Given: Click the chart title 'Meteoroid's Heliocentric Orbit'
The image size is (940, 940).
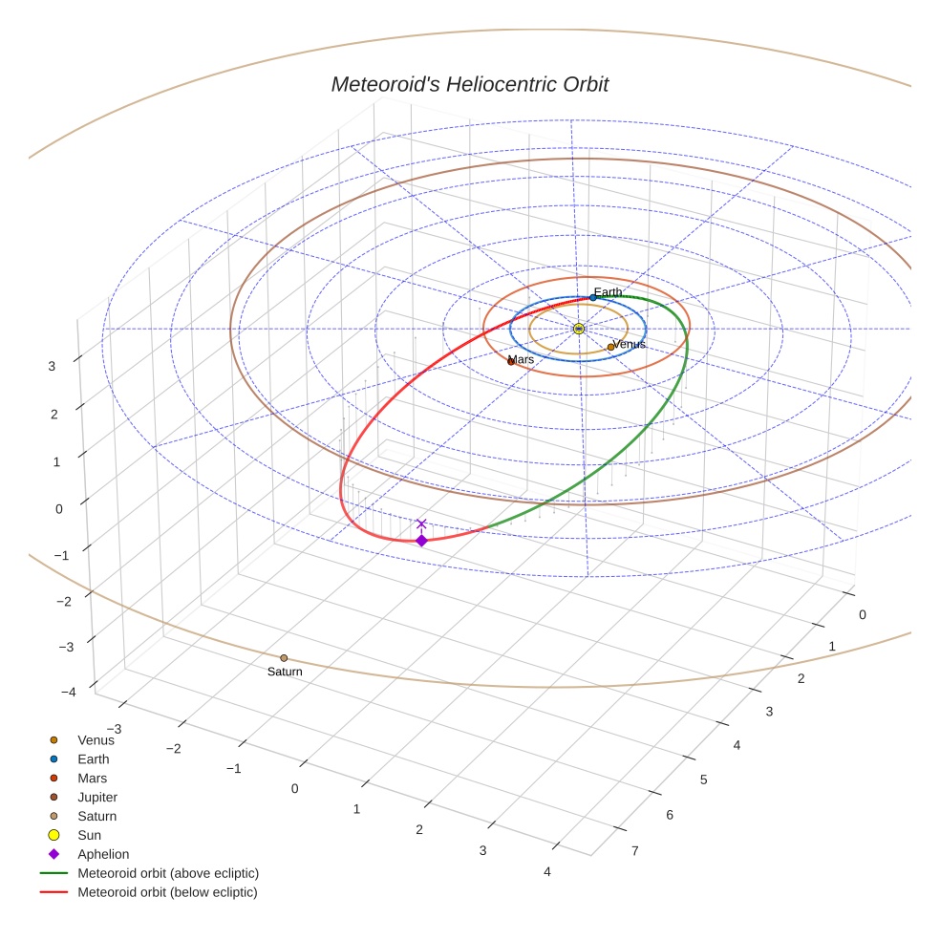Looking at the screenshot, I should point(469,84).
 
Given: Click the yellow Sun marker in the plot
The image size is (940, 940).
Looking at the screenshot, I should point(579,329).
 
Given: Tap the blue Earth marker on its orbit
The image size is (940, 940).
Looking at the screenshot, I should point(592,298).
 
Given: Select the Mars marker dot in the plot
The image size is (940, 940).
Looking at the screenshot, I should point(511,361).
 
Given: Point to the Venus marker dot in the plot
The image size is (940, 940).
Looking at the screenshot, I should point(610,347).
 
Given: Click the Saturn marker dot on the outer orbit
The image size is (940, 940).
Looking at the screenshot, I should point(284,658).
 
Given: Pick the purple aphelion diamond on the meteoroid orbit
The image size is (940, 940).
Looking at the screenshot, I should point(421,541).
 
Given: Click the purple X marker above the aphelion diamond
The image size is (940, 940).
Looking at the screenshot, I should point(421,523).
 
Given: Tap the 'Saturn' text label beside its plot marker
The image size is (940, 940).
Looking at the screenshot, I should point(285,672).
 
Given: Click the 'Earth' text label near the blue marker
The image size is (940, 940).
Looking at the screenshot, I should point(608,292).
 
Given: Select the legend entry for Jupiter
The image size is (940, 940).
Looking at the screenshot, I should point(97,797).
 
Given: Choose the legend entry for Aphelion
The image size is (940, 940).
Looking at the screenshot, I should point(102,854).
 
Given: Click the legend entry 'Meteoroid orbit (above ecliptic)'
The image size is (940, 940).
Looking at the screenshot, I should point(167,873).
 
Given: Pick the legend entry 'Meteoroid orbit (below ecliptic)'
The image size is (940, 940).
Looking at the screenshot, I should point(167,892).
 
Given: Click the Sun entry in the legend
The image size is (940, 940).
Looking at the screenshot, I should point(89,835).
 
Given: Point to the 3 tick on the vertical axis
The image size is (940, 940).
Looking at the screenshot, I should point(53,365).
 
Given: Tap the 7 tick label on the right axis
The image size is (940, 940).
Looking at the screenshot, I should point(634,850).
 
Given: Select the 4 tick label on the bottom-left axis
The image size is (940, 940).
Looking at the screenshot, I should point(545,871).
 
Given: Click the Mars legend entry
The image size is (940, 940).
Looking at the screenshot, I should point(92,778).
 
